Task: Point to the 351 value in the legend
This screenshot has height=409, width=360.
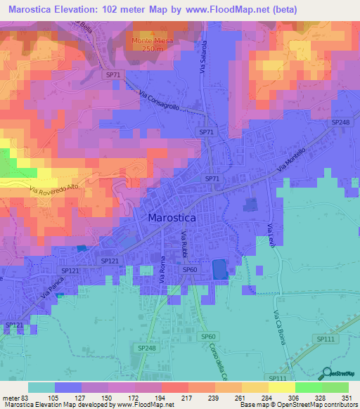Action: (x=347, y=398)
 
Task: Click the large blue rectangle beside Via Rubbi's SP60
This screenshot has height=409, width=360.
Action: (x=219, y=268)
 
